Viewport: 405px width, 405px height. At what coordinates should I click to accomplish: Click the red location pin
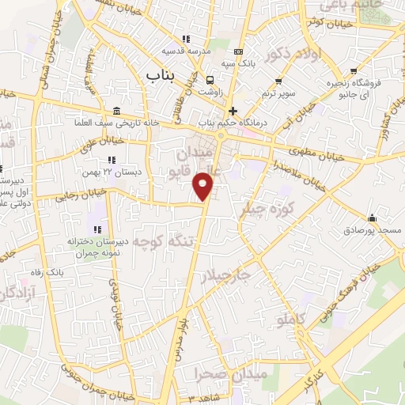[x=205, y=185]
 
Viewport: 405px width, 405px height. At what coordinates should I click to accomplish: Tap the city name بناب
[x=165, y=74]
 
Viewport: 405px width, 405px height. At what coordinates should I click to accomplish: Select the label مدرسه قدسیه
[x=187, y=51]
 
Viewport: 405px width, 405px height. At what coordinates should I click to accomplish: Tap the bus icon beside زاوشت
[x=210, y=81]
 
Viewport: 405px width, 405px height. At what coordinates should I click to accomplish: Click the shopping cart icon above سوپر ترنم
[x=278, y=81]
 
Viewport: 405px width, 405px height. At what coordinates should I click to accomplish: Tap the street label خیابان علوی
[x=100, y=141]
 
